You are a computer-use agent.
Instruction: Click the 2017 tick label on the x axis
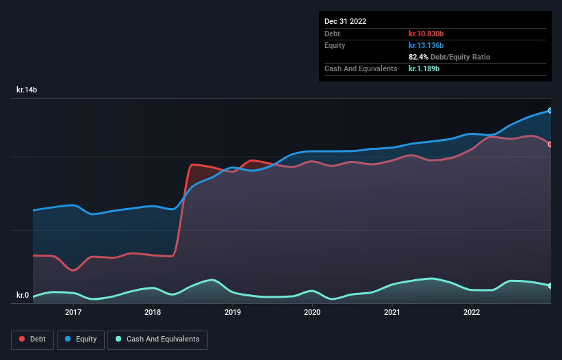73,312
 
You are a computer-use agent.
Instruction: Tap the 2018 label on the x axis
153,312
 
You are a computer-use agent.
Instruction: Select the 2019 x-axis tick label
233,312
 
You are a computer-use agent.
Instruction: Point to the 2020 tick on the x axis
312,312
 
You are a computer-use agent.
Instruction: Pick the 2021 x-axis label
392,312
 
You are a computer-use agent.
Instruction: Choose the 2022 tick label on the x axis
472,312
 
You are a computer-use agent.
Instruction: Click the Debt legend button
32,339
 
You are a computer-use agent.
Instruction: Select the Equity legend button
80,339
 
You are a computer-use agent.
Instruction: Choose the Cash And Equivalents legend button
157,339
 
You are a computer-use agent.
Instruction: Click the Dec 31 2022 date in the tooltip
346,21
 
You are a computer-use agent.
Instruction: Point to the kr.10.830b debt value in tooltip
426,34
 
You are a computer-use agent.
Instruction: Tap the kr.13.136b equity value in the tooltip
426,45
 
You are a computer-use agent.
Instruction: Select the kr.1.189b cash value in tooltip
424,68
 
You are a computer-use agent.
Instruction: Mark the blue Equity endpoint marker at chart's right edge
550,110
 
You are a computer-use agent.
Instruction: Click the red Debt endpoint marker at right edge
550,144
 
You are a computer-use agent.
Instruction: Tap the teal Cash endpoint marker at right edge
550,285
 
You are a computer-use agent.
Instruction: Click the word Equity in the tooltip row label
335,45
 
